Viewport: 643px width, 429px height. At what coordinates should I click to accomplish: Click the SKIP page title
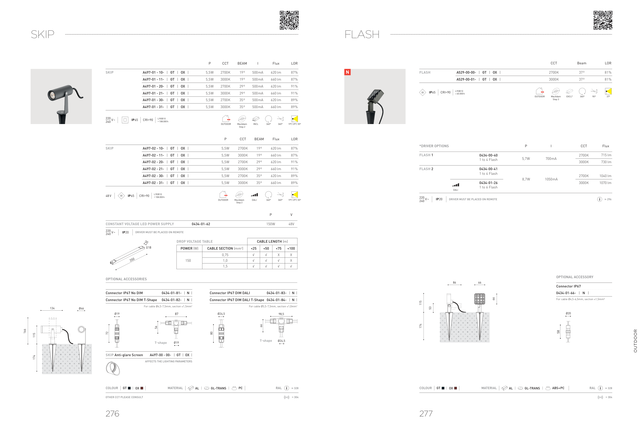42,34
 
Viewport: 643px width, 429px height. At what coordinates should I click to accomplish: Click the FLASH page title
362,34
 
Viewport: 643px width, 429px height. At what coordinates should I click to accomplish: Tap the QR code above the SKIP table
289,20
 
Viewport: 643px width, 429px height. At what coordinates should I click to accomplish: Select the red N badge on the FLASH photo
347,72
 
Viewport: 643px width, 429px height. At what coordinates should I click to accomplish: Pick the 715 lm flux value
606,155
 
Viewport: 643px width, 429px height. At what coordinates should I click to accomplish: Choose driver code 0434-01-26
488,183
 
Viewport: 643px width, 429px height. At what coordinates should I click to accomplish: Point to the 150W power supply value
271,224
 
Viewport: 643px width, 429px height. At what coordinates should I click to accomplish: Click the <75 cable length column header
279,248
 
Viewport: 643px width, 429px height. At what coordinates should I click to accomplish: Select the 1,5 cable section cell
225,266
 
